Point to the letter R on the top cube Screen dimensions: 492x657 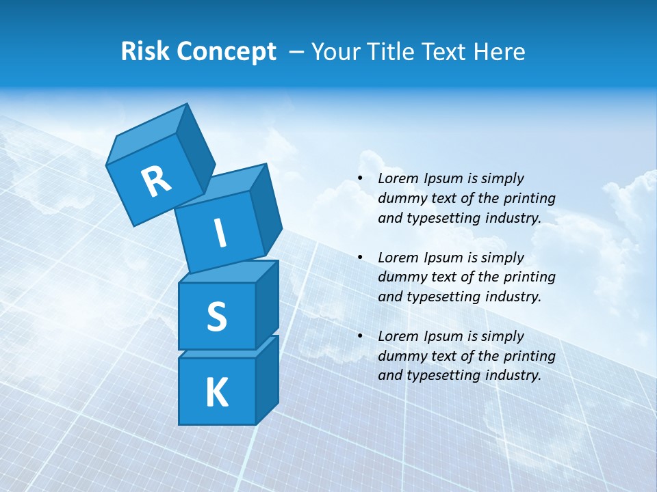[156, 182]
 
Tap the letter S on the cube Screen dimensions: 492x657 [217, 316]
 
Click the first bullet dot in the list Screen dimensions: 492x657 [360, 179]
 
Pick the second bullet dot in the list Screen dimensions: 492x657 [360, 258]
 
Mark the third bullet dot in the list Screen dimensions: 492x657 [360, 336]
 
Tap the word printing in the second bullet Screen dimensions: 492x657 [530, 277]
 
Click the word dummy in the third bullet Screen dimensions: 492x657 [400, 356]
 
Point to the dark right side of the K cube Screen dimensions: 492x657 [267, 379]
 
